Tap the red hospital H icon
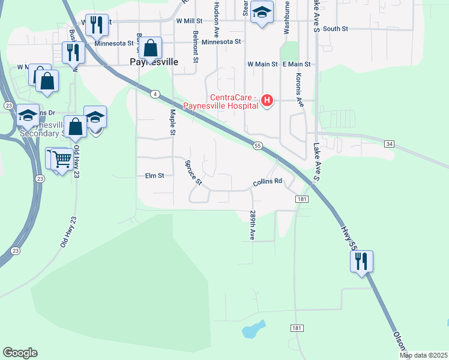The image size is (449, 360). click(x=268, y=100)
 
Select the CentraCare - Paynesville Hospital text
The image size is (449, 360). click(x=234, y=102)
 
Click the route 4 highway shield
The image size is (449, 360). click(x=155, y=94)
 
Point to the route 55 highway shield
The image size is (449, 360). click(x=258, y=146)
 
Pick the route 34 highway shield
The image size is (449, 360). click(x=390, y=144)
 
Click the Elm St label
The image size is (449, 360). click(x=154, y=176)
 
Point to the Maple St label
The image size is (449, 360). click(x=172, y=122)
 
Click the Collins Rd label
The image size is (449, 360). click(x=267, y=181)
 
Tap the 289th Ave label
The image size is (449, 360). click(x=253, y=226)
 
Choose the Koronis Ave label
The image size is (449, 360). click(x=299, y=89)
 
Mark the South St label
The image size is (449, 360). click(x=335, y=29)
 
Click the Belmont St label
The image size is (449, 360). click(x=196, y=47)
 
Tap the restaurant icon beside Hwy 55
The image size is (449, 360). click(x=361, y=261)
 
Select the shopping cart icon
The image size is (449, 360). click(x=62, y=159)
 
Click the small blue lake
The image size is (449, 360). click(x=255, y=328)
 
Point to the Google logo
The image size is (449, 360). click(x=20, y=353)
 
